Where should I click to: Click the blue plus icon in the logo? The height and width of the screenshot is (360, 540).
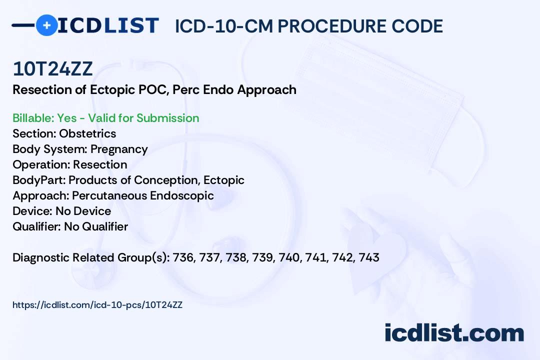pos(46,25)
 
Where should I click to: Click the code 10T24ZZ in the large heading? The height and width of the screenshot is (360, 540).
pos(52,69)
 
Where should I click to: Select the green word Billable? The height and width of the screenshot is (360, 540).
pos(32,118)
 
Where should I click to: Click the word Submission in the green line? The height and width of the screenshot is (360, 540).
pos(167,118)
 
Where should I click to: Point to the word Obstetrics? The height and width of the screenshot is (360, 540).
pos(87,133)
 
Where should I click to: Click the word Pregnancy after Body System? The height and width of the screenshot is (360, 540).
pos(119,149)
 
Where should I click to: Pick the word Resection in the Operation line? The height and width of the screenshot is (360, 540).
pos(100,164)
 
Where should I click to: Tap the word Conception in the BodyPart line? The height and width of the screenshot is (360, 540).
pos(166,180)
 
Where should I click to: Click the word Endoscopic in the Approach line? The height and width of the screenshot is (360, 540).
pos(182,195)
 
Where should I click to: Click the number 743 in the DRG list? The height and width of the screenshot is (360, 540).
pos(369,257)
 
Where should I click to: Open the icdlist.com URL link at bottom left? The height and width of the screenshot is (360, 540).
pos(97,305)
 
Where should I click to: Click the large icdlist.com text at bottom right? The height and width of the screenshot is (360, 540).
pos(454,332)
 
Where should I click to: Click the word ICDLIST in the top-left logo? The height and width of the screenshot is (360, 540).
pos(108,25)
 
